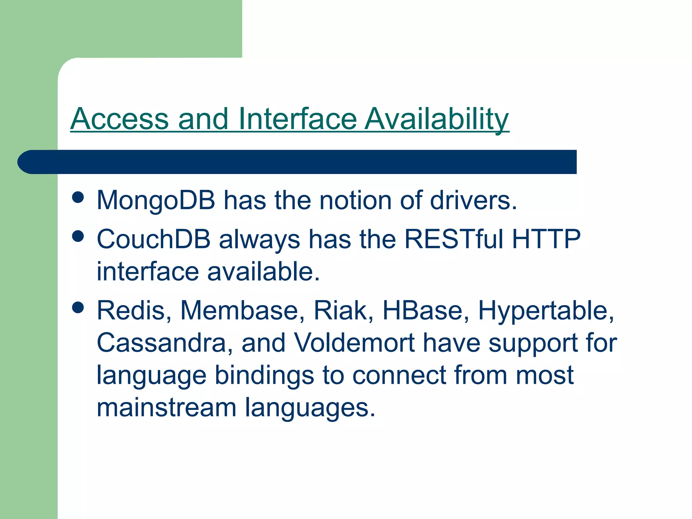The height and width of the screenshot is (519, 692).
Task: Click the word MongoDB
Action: [156, 200]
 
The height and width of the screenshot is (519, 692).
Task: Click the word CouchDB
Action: [154, 239]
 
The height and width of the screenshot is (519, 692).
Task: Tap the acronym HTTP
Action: [546, 239]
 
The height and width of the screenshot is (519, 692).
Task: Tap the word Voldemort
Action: [354, 343]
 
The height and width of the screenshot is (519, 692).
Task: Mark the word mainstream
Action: [166, 407]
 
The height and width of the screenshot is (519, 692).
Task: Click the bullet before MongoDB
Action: [78, 197]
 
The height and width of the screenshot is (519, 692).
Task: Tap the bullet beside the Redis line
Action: [78, 307]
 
